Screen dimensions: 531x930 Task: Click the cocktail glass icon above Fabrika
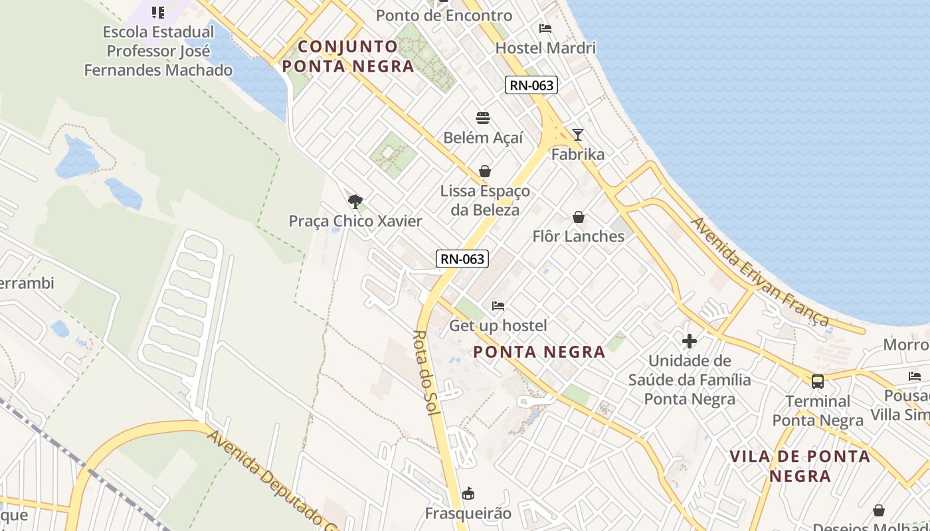578,135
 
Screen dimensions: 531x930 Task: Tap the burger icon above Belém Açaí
483,118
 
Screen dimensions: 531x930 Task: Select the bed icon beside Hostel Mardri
545,29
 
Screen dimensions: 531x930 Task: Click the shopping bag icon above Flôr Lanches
579,217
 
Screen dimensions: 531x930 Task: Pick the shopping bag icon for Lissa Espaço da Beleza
485,171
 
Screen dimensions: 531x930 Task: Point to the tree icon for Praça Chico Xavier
355,201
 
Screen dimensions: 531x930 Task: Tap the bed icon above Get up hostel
498,306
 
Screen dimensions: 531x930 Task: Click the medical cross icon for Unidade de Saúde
690,341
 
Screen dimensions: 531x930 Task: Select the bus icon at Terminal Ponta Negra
818,382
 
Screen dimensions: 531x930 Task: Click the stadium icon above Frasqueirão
468,493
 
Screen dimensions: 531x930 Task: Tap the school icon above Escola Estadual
158,12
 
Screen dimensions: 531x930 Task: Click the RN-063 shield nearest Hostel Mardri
531,85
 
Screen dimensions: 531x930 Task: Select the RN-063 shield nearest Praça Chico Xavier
462,259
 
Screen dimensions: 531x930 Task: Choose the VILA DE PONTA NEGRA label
800,466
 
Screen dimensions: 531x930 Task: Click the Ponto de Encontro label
444,15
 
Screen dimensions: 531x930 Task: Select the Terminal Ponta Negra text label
818,411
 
